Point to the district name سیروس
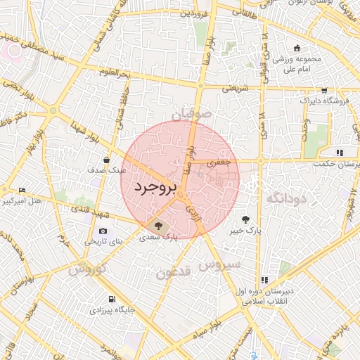point(220,265)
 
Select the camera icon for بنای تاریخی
point(103,231)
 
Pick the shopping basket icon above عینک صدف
point(106,160)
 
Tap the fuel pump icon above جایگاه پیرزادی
point(112,297)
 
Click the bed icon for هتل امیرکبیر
point(22,191)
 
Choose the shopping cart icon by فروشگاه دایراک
point(323,90)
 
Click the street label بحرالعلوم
point(115,72)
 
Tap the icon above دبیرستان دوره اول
point(264,280)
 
